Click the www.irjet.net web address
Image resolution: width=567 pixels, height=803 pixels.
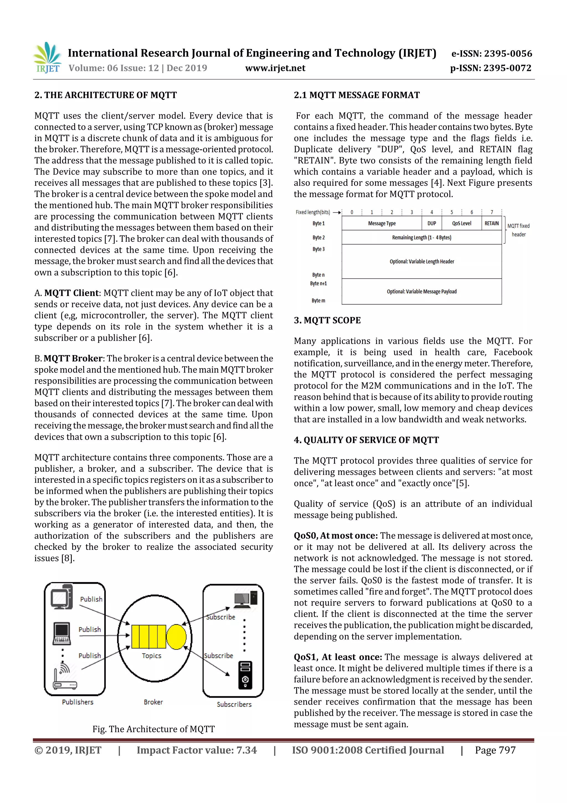(x=275, y=68)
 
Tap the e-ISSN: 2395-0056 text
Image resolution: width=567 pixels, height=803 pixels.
(x=491, y=53)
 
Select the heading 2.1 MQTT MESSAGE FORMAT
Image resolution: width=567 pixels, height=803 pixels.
(x=356, y=95)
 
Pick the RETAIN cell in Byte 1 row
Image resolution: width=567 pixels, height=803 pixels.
(x=491, y=223)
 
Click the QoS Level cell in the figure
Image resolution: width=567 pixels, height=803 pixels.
(x=461, y=223)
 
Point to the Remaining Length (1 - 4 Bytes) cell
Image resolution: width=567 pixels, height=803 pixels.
(x=421, y=238)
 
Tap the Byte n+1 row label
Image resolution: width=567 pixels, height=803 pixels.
(x=318, y=283)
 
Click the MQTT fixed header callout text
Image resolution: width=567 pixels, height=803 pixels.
(x=519, y=230)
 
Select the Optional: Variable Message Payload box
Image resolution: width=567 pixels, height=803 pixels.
(x=421, y=291)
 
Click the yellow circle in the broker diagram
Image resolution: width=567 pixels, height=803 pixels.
(x=176, y=636)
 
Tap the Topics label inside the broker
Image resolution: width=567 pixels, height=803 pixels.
(x=151, y=656)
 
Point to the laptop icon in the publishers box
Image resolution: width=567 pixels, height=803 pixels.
(x=62, y=633)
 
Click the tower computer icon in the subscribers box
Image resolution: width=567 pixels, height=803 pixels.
(x=245, y=675)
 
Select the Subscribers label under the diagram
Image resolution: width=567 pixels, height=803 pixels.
(x=234, y=704)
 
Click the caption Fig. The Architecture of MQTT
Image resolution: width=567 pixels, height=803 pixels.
(x=153, y=729)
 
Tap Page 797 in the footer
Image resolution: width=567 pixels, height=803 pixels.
(x=495, y=750)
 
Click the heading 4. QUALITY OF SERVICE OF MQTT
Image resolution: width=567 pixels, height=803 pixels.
(x=366, y=440)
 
